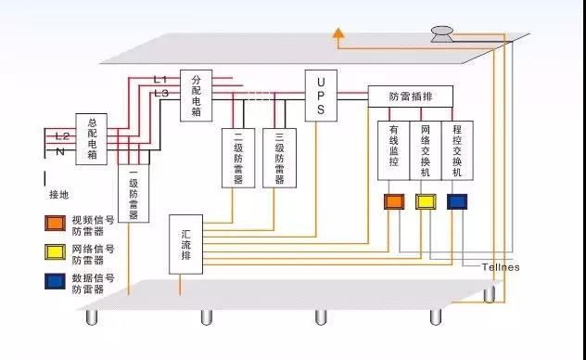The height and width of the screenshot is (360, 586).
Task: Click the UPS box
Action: [x=320, y=96]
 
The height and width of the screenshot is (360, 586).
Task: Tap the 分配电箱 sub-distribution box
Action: [x=196, y=96]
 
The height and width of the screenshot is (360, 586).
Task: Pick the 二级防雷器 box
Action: [x=238, y=157]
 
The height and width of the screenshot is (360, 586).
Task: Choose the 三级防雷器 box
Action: [x=279, y=157]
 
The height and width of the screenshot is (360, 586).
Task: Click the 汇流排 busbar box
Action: [x=185, y=244]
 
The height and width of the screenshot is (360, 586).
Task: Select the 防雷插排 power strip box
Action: [x=409, y=96]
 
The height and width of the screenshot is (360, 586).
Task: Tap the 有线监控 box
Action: [x=393, y=149]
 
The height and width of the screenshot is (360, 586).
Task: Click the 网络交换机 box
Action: [x=426, y=149]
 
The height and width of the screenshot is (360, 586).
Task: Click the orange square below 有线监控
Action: [x=393, y=201]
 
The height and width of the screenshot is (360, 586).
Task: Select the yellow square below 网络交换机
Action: [x=426, y=201]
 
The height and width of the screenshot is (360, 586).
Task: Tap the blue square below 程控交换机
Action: [x=457, y=201]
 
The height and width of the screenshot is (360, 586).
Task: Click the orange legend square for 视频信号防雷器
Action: [x=56, y=223]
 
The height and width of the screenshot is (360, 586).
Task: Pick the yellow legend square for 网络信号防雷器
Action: [x=56, y=251]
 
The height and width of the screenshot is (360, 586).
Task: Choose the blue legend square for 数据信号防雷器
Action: [x=56, y=279]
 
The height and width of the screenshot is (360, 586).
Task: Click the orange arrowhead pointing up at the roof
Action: [x=339, y=36]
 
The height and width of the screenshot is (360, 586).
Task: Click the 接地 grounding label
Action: [x=59, y=197]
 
